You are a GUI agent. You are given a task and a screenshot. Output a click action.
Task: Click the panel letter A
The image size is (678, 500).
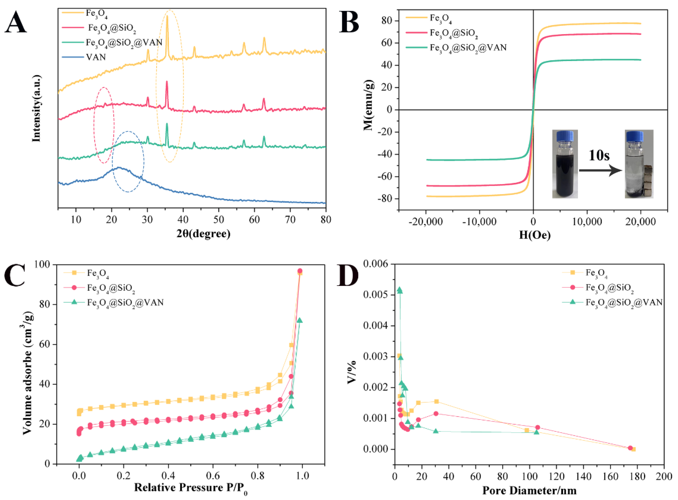click(16, 23)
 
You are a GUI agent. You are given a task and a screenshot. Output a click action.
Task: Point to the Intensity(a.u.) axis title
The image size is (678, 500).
click(36, 108)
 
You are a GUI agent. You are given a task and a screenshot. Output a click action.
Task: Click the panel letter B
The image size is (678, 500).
click(349, 23)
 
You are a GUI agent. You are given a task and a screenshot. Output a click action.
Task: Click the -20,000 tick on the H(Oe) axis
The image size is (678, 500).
click(426, 222)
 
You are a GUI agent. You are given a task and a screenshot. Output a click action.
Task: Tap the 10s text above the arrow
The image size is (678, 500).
click(599, 156)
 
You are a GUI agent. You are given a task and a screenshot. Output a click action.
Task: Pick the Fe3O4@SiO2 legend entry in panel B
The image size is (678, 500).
click(454, 33)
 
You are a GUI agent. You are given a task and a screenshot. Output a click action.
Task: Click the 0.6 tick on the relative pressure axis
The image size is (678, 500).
click(213, 476)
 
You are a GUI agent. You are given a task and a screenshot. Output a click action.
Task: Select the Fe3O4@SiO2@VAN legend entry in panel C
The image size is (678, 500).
click(125, 302)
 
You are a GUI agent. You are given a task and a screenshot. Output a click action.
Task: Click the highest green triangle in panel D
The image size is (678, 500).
click(400, 290)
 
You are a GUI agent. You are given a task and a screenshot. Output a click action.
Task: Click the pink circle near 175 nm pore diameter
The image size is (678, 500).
click(631, 448)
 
